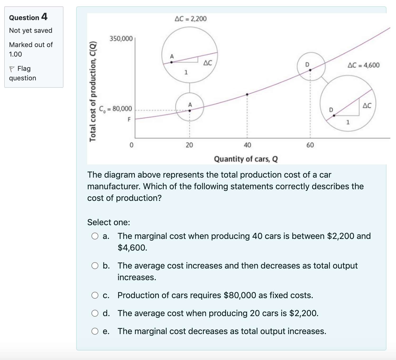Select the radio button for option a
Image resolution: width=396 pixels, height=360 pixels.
95,236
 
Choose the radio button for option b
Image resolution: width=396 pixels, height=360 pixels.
95,266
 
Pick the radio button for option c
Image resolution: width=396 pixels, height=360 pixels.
95,295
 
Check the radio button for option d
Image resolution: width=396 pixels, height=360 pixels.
95,313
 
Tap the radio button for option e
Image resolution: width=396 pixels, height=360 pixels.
95,331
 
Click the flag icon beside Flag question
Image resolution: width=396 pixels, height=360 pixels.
12,69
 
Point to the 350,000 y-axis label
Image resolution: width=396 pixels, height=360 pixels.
121,39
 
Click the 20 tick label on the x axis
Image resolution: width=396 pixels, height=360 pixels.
189,145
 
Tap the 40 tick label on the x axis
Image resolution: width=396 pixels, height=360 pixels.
247,145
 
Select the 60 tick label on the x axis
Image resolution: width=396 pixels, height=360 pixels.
310,145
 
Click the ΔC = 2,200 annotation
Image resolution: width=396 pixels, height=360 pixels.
191,19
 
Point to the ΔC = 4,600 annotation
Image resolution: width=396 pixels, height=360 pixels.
363,65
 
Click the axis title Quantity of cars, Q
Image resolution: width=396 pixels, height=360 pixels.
246,159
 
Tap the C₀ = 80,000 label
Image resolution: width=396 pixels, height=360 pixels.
116,109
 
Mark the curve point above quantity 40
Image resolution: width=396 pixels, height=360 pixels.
247,94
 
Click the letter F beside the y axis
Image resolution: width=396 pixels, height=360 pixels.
129,119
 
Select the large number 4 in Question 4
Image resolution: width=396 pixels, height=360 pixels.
44,17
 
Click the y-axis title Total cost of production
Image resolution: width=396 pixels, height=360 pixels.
93,91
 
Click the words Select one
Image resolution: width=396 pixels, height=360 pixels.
109,222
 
